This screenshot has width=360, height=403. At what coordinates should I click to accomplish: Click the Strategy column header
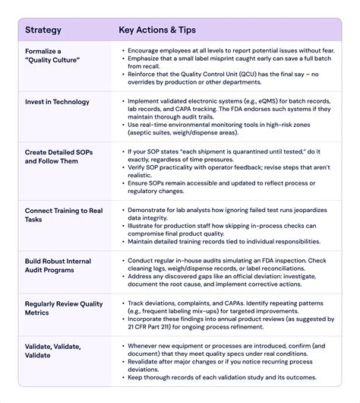click(x=43, y=30)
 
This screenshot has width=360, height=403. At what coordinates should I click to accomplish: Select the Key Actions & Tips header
click(x=157, y=30)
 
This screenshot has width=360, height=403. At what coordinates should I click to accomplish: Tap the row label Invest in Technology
click(x=57, y=102)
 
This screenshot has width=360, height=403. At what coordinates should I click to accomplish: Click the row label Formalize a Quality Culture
click(x=52, y=56)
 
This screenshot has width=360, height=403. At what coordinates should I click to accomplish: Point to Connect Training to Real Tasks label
click(x=62, y=214)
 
